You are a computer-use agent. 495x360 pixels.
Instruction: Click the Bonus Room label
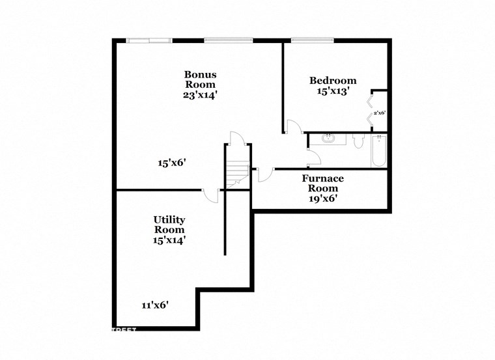point(200,79)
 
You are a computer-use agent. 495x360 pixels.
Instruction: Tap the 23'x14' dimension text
point(200,94)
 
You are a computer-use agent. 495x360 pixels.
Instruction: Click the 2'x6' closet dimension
point(379,113)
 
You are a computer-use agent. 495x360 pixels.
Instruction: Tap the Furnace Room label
point(322,183)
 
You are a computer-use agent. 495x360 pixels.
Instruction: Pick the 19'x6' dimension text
point(322,198)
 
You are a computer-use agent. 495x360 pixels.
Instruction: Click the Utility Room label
point(169,225)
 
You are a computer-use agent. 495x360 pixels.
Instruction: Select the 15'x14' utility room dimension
point(169,240)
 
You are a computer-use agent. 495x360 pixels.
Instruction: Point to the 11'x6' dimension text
point(155,305)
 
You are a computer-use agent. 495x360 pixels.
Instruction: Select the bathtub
point(379,151)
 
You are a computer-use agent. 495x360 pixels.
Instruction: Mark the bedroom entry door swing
point(293,127)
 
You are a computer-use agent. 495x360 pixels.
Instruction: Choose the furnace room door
point(264,174)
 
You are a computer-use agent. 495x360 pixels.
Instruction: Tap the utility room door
point(211,195)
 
